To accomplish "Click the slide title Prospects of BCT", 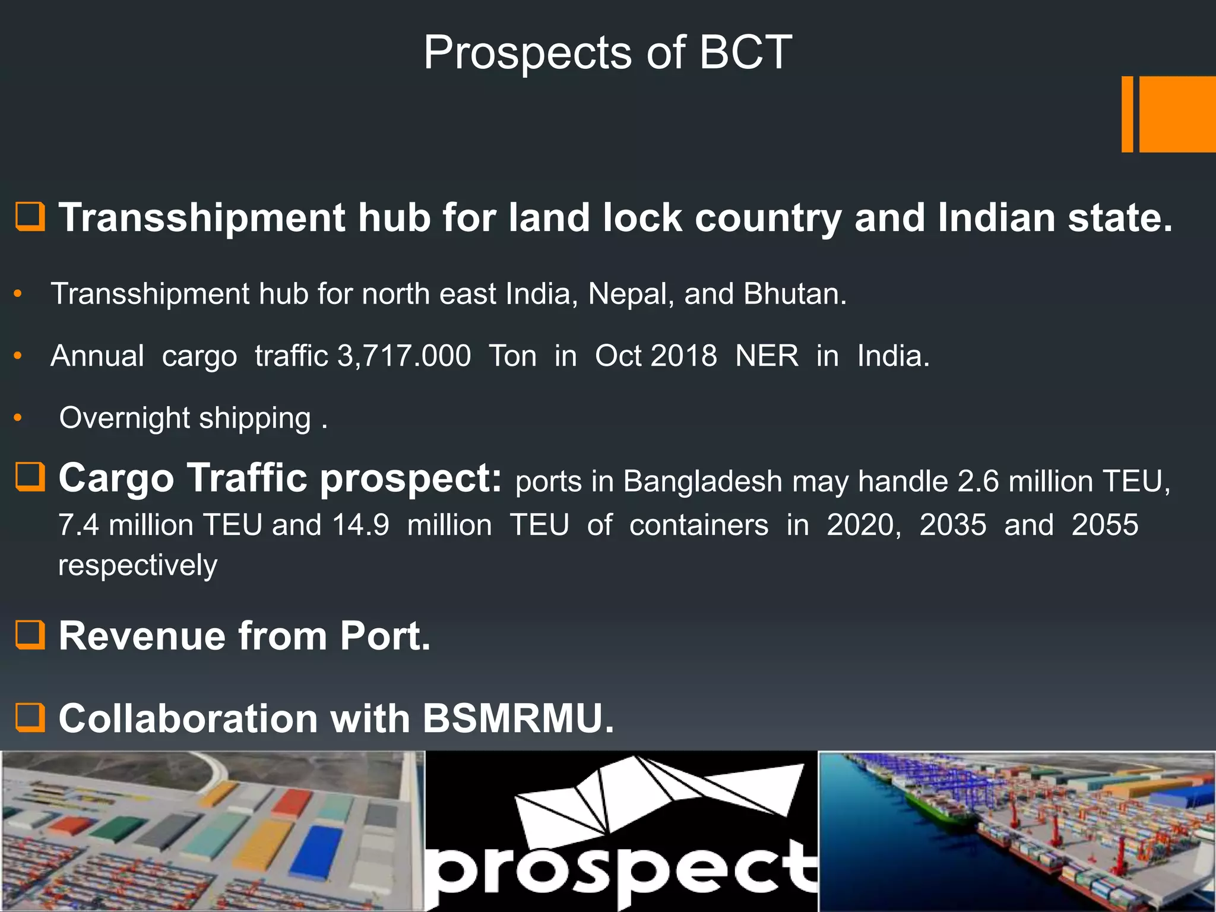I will tap(607, 53).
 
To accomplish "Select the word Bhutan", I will tap(794, 294).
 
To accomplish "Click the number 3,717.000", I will tap(404, 356).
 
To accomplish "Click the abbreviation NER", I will tap(767, 356).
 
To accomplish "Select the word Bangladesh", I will tap(702, 482).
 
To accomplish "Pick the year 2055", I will tap(1104, 525).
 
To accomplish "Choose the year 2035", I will tap(952, 525).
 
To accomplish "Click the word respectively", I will tap(138, 565).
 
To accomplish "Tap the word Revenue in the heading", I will tap(142, 636).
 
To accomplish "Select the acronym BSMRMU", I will tap(517, 719).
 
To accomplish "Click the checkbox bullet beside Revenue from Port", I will tap(30, 635).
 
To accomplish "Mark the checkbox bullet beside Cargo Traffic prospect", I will tap(30, 477).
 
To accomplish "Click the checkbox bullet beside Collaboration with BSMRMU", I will tap(30, 717).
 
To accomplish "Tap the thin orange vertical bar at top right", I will tap(1127, 114).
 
